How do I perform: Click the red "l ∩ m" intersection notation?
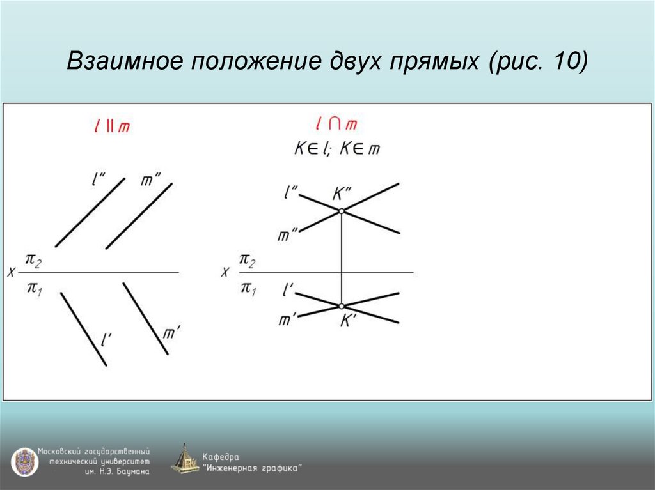(337, 123)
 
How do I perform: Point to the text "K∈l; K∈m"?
(336, 149)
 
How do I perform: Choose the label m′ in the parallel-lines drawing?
(171, 332)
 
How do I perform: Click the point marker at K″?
(342, 211)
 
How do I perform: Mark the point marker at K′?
(342, 307)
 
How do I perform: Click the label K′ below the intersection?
(347, 321)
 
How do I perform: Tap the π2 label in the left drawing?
(33, 259)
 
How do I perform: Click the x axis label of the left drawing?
(11, 272)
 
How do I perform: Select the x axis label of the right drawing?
(225, 272)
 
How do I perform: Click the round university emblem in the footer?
(24, 461)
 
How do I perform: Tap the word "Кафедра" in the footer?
(221, 456)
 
